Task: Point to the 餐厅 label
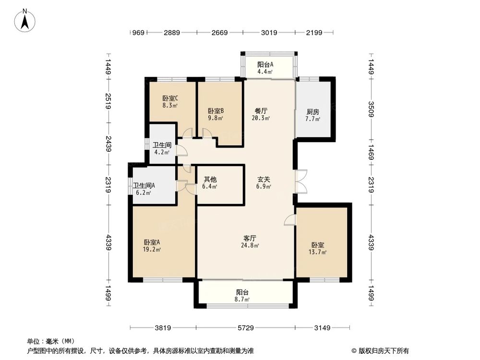pyautogui.click(x=261, y=110)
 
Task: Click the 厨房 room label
pyautogui.click(x=313, y=112)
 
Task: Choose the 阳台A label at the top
pyautogui.click(x=265, y=65)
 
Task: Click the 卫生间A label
pyautogui.click(x=144, y=186)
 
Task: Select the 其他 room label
pyautogui.click(x=210, y=180)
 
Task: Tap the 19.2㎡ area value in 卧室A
pyautogui.click(x=153, y=249)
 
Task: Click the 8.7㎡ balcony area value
pyautogui.click(x=242, y=299)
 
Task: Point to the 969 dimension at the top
pyautogui.click(x=138, y=33)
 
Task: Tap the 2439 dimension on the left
pyautogui.click(x=108, y=143)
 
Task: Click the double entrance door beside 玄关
pyautogui.click(x=300, y=181)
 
